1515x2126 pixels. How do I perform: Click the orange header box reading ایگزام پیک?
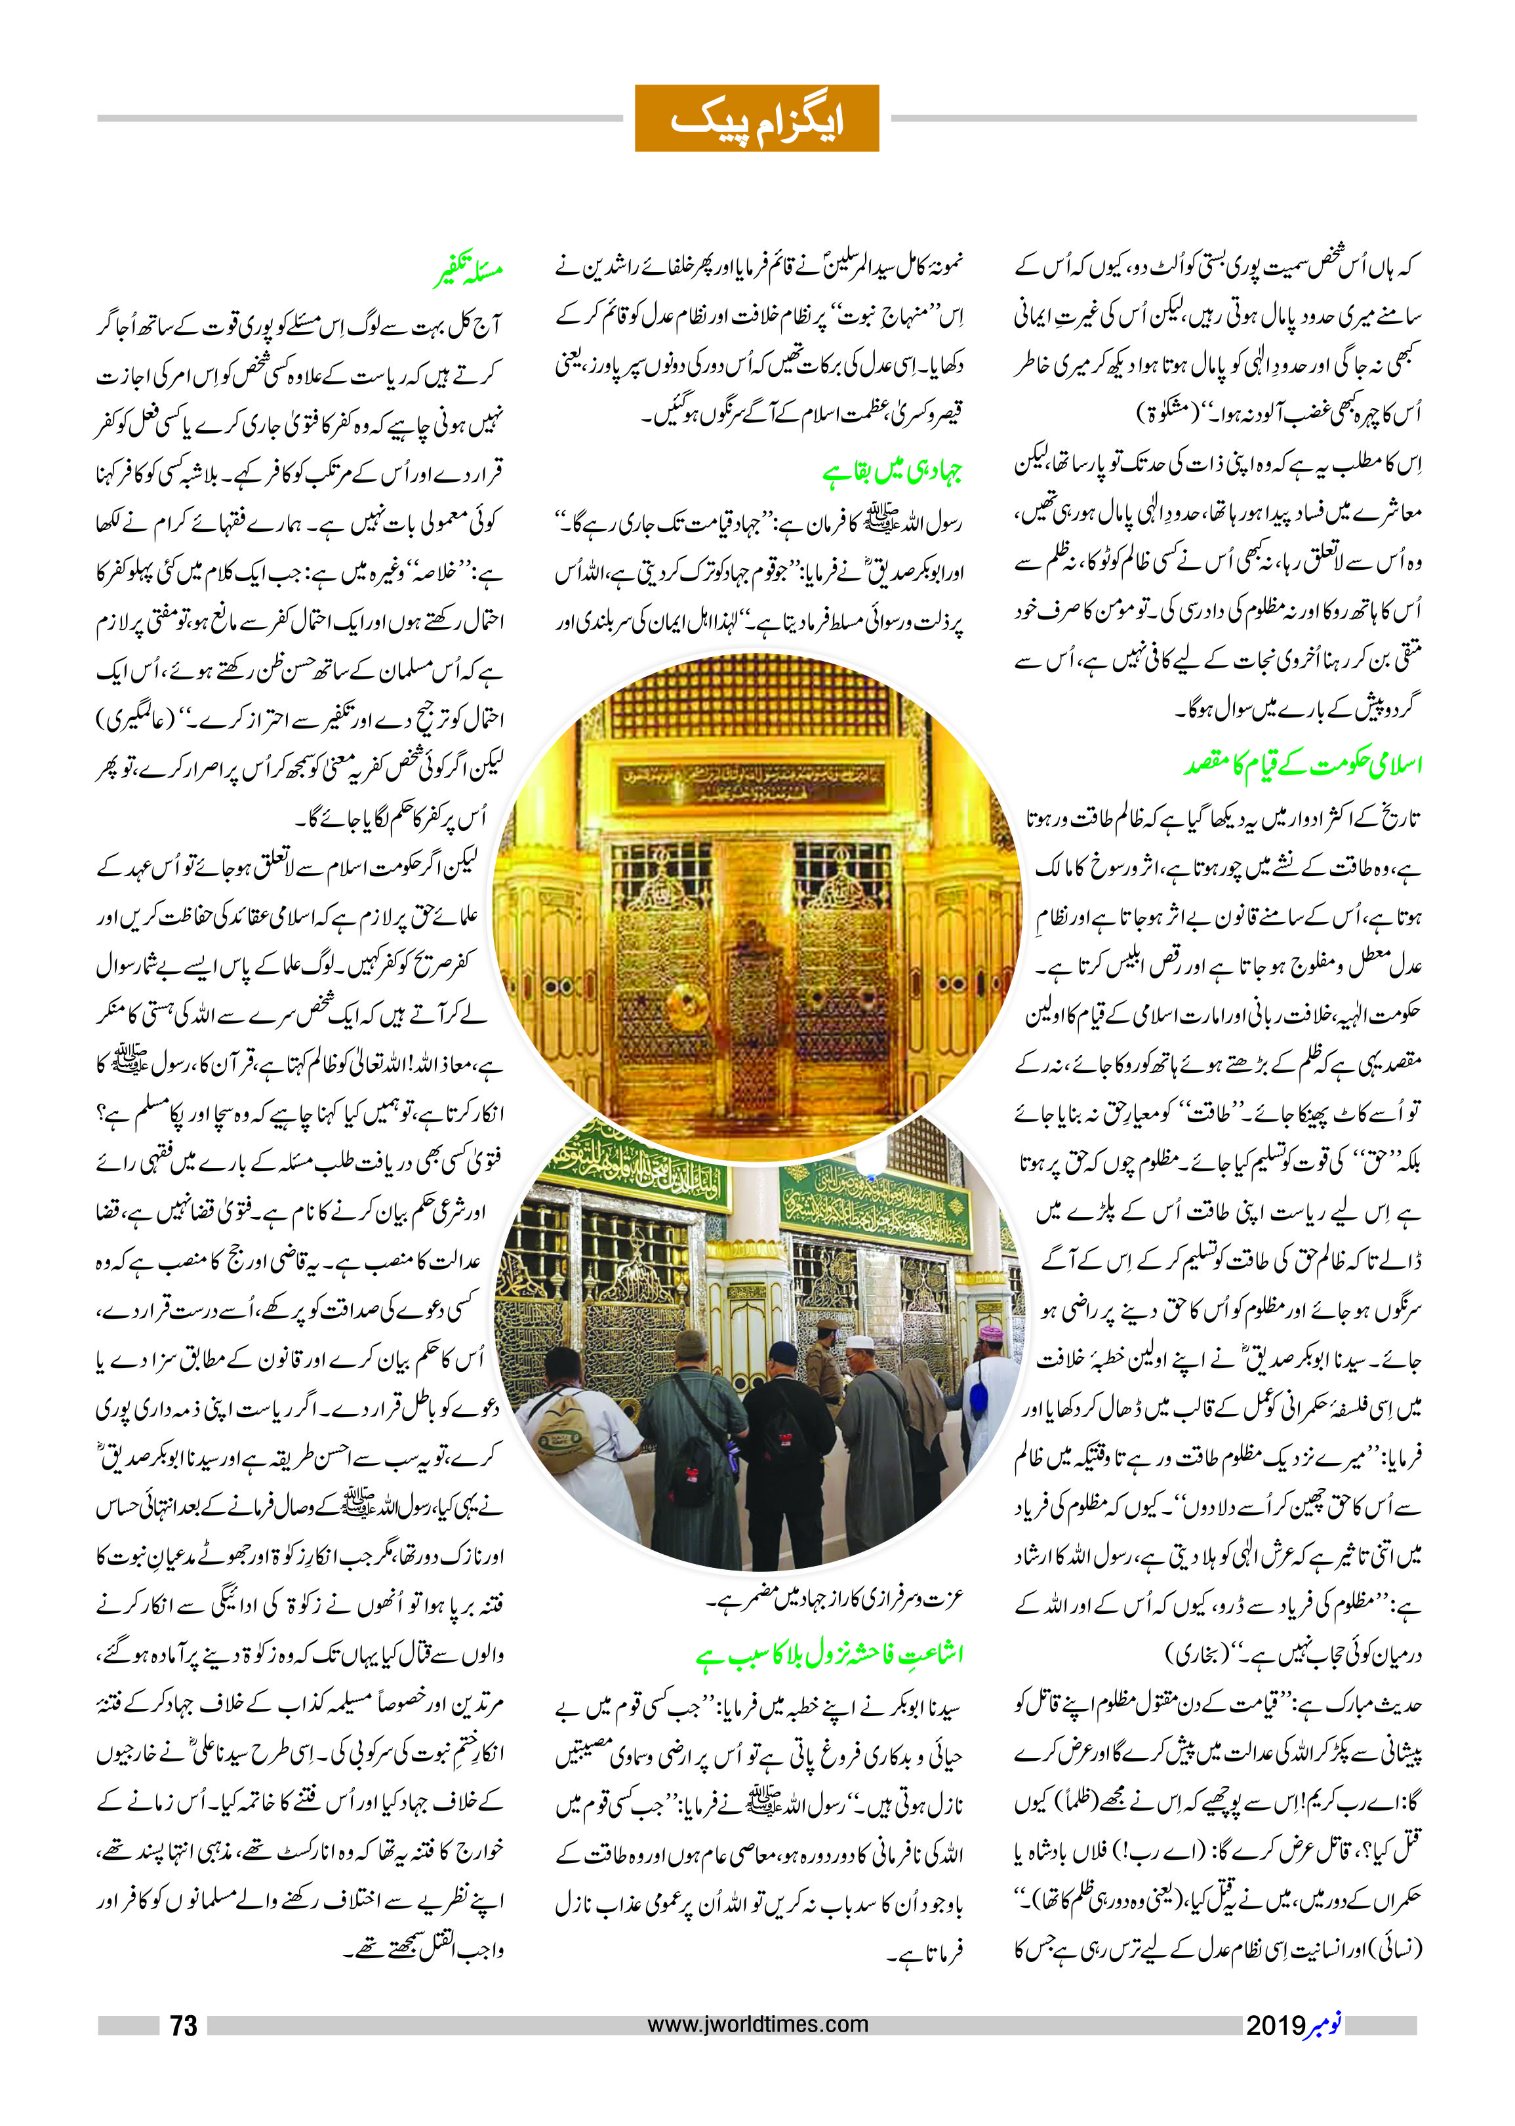click(757, 119)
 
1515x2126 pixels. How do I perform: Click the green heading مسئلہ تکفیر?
click(469, 272)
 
